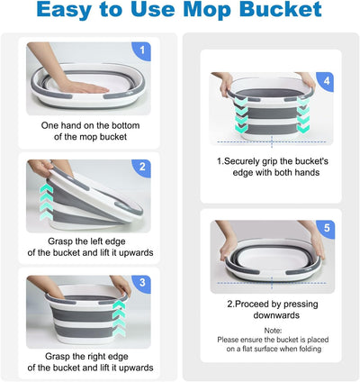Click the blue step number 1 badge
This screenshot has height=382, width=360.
point(141,51)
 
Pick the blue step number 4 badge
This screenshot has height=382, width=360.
point(326,81)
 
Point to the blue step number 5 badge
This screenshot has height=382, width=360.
point(326,229)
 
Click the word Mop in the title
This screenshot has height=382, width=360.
point(208,10)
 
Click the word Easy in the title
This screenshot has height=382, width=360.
point(64,11)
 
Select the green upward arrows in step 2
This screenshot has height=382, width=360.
point(46,202)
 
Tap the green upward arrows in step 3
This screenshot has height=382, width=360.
point(119,318)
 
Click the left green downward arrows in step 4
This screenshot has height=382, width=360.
point(241,114)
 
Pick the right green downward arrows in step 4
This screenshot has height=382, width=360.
point(303,114)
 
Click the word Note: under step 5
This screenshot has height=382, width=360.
point(273,331)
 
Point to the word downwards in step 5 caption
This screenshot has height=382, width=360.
point(276,315)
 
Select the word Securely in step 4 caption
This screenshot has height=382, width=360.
point(242,161)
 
